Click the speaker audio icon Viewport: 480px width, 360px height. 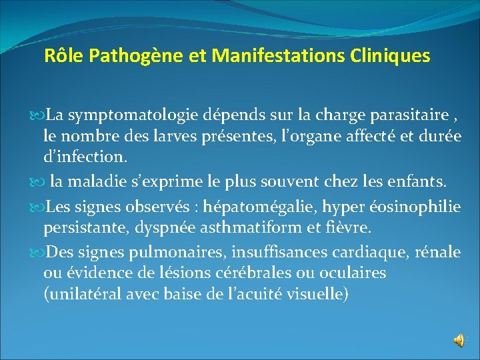pyautogui.click(x=460, y=340)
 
